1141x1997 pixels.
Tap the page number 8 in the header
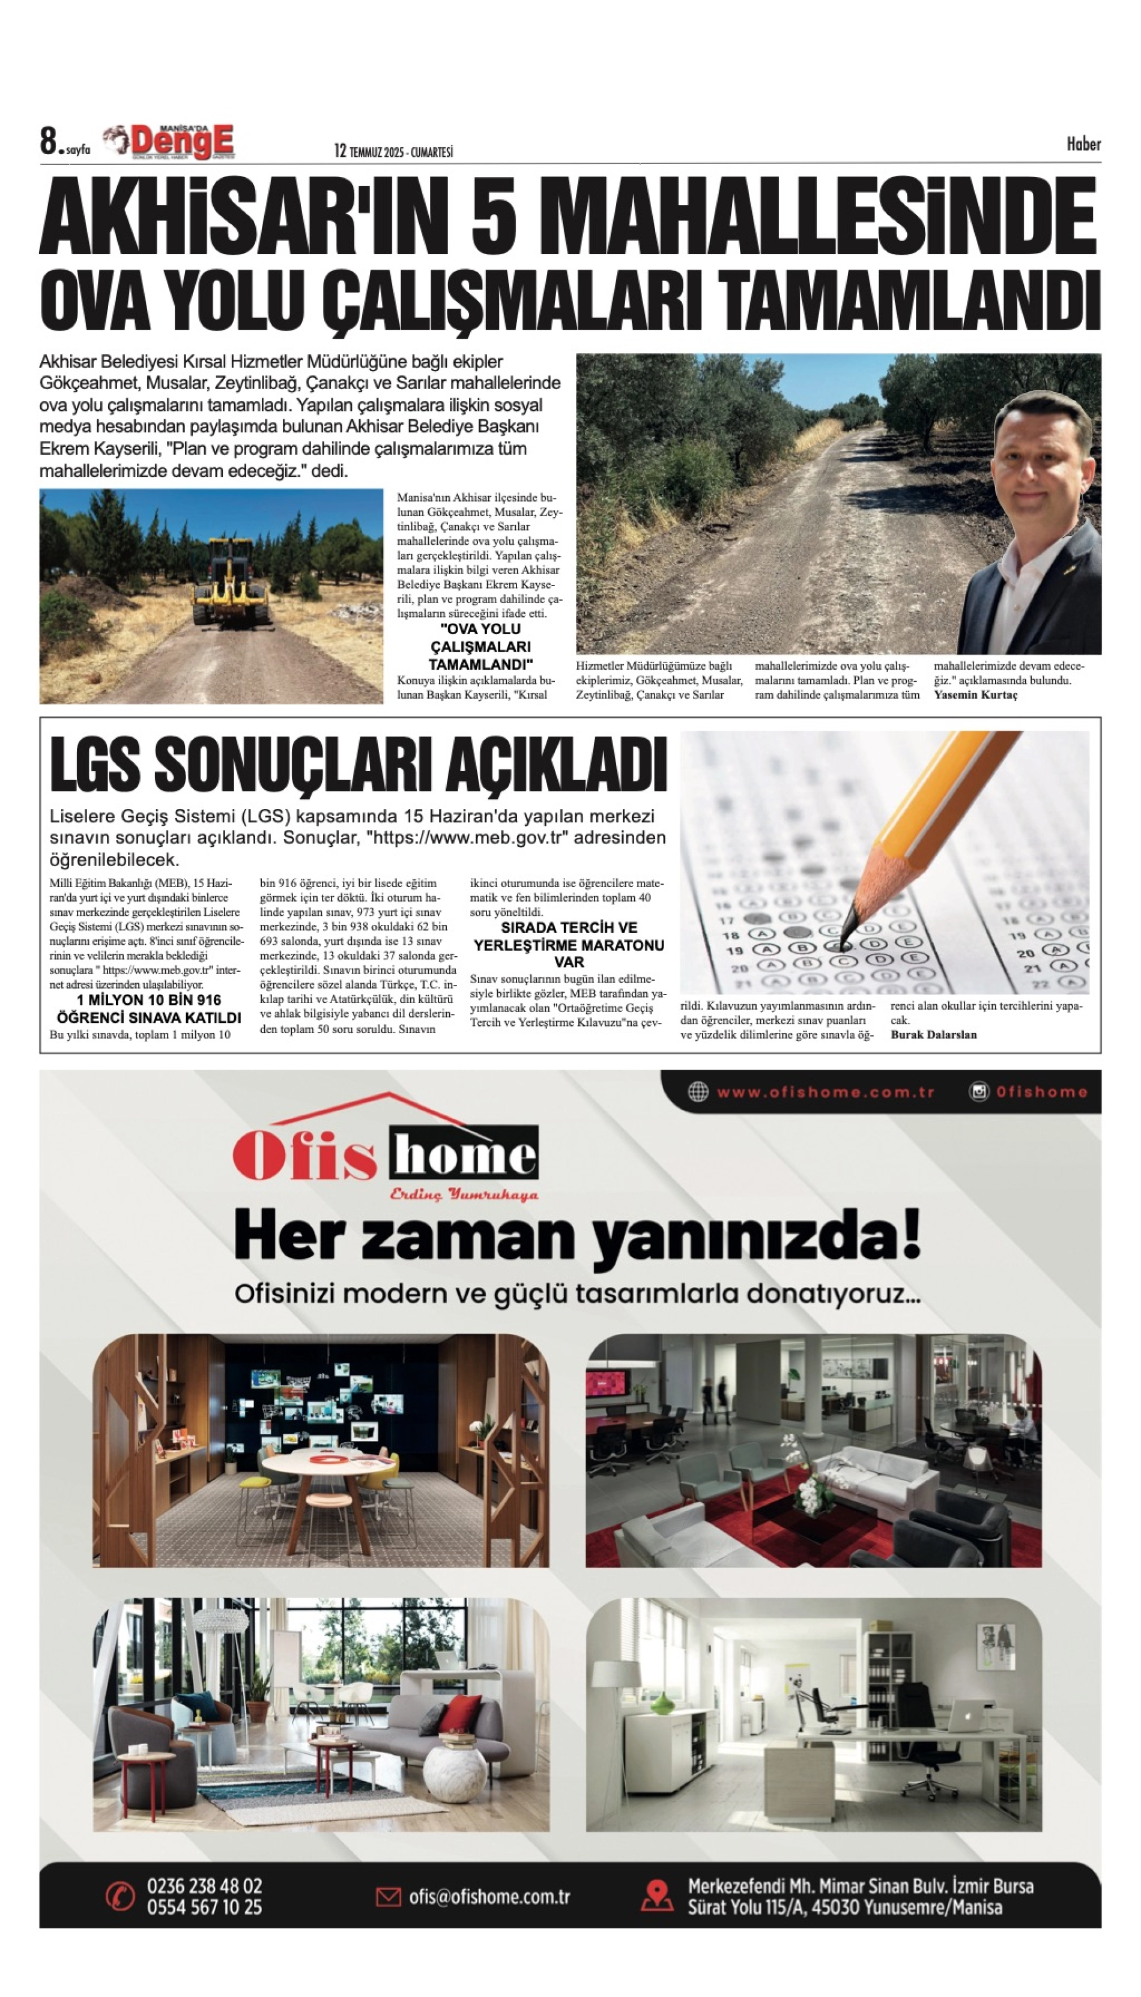click(x=49, y=142)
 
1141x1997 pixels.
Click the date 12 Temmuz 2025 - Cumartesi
click(x=393, y=151)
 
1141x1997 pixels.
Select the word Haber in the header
click(x=1083, y=144)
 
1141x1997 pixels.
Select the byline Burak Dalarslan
click(x=933, y=1035)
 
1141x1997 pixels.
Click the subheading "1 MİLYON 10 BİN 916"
click(x=149, y=1000)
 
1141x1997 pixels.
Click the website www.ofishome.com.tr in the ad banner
click(x=825, y=1092)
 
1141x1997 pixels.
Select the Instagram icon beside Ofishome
click(x=979, y=1092)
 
